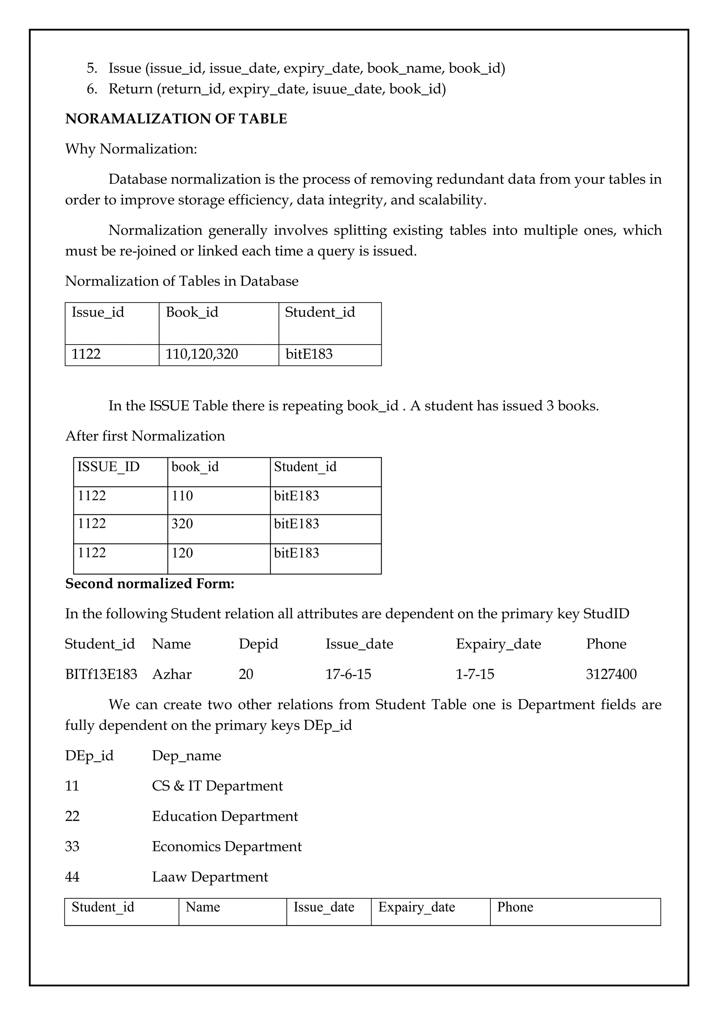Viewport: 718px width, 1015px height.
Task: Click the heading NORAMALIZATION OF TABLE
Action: coord(176,119)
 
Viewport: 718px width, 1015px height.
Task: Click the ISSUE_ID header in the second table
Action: coord(108,467)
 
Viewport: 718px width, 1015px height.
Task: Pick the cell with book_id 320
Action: coord(182,524)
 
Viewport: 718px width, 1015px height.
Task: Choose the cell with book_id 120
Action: coord(182,553)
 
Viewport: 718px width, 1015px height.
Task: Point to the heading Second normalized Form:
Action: coord(150,584)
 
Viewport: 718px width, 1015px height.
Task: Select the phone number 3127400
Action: coord(611,674)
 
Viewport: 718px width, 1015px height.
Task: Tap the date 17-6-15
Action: coord(348,674)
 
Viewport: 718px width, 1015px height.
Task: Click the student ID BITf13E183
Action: coord(101,674)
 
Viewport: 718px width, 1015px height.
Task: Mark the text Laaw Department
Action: coord(210,877)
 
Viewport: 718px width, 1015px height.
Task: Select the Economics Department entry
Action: coord(227,846)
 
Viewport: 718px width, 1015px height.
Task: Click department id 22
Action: coord(72,816)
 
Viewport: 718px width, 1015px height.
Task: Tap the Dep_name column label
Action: coord(187,756)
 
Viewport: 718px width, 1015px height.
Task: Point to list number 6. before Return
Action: coord(92,89)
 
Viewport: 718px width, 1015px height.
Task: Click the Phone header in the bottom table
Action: coord(515,907)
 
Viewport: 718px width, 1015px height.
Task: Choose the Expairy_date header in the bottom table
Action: coord(416,907)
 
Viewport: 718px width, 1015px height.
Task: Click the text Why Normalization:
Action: coord(131,149)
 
